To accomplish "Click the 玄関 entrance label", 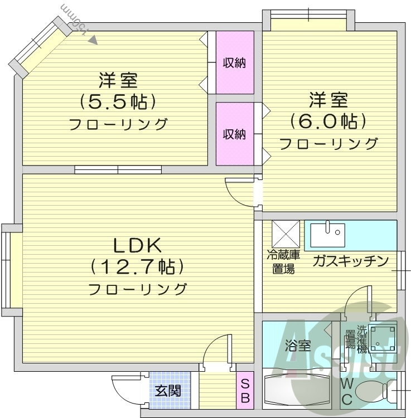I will pyautogui.click(x=167, y=391).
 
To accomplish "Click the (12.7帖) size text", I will pyautogui.click(x=137, y=268).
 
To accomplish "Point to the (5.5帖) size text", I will pyautogui.click(x=117, y=101).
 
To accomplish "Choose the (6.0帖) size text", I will pyautogui.click(x=328, y=121).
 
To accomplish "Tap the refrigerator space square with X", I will pyautogui.click(x=286, y=235).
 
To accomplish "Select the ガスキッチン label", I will pyautogui.click(x=350, y=260).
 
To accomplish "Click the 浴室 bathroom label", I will pyautogui.click(x=298, y=346).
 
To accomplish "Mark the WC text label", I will pyautogui.click(x=346, y=392).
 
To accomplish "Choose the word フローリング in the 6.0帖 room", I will pyautogui.click(x=328, y=144).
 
